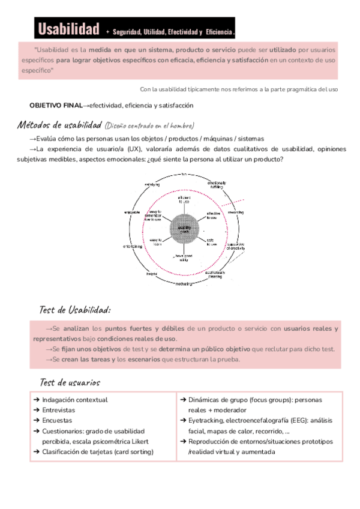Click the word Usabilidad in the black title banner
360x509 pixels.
[x=68, y=28]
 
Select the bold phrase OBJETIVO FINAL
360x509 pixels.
[x=56, y=105]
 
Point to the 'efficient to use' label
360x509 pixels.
[x=183, y=199]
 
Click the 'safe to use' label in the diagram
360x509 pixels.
[x=212, y=242]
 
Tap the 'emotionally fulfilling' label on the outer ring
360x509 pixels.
[x=216, y=184]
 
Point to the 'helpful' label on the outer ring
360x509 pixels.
[x=151, y=273]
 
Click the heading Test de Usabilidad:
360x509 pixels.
[x=74, y=310]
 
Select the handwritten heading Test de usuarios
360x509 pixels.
[x=70, y=382]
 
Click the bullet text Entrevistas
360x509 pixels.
[x=59, y=410]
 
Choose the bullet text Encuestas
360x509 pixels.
[x=57, y=420]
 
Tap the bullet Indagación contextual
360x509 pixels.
[x=75, y=399]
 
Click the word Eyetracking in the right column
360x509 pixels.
[x=207, y=421]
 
